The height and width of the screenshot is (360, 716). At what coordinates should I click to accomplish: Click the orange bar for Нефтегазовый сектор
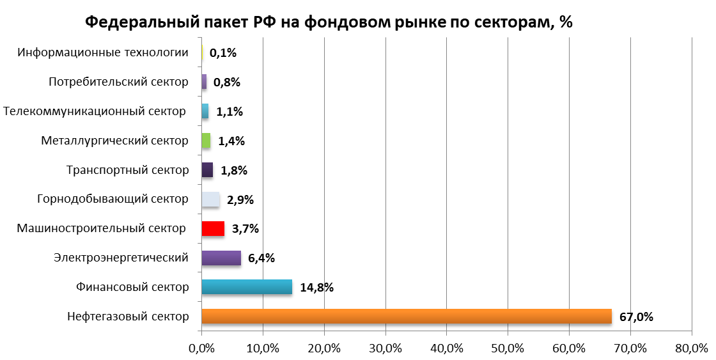click(406, 316)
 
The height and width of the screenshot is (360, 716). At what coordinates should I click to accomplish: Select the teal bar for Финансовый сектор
click(246, 286)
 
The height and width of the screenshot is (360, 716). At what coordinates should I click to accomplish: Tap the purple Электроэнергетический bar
click(221, 258)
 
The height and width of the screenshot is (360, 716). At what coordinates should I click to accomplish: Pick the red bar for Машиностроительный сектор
click(212, 228)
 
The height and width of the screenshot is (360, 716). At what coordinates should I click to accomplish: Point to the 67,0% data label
click(636, 317)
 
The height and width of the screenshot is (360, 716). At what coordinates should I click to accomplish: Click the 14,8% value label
click(316, 287)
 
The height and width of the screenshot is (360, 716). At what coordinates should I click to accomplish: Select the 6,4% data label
click(261, 258)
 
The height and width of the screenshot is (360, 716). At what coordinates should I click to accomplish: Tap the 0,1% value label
click(223, 53)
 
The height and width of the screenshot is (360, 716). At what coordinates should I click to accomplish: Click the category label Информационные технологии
click(103, 52)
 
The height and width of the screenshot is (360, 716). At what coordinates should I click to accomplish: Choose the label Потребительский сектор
click(118, 82)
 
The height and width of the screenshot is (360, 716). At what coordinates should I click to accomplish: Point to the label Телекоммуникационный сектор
click(95, 111)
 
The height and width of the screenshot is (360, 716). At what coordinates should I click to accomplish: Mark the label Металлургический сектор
click(114, 141)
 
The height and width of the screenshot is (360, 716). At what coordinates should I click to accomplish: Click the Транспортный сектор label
click(127, 170)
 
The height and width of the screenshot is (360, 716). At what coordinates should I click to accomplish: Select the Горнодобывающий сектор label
click(113, 199)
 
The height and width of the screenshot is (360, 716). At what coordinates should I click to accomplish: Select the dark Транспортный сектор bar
click(207, 170)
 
